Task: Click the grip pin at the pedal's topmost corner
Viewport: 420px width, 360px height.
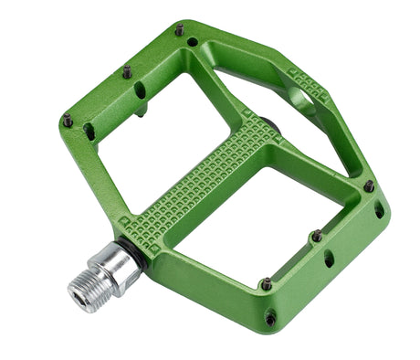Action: click(180, 30)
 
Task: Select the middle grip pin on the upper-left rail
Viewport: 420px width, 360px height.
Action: click(127, 71)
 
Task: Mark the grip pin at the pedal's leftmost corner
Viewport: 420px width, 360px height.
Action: click(68, 119)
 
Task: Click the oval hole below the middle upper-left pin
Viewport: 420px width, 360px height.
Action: click(140, 90)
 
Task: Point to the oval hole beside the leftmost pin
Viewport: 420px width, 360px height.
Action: click(89, 132)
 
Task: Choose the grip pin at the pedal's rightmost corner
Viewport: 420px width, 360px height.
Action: click(369, 186)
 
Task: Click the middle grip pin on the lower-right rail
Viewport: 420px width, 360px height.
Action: click(317, 236)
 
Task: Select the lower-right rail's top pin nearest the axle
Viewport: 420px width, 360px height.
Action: click(266, 284)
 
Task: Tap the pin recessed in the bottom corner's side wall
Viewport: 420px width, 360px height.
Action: click(271, 318)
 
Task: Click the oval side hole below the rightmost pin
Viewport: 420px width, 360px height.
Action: click(379, 209)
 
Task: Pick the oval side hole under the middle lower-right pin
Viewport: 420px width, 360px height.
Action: click(329, 259)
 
